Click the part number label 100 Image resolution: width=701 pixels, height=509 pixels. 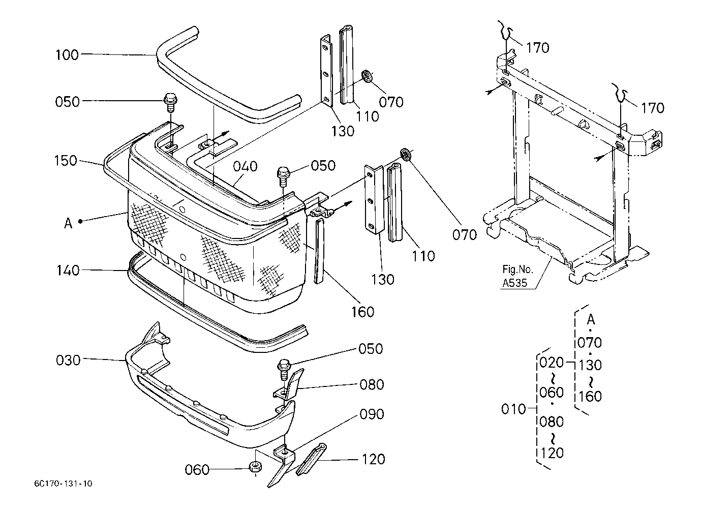[x=67, y=55]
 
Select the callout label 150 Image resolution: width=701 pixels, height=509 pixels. [x=66, y=161]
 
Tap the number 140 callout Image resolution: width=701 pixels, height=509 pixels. [x=68, y=271]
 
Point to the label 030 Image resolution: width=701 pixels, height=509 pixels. [x=68, y=361]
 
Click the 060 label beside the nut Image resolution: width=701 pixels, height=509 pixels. [x=197, y=470]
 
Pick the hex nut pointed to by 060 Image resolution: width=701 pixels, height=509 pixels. [x=255, y=467]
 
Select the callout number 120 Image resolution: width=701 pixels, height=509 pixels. [x=373, y=460]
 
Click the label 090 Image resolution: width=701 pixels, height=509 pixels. [x=372, y=414]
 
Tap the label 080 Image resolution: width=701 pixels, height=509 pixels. [x=372, y=385]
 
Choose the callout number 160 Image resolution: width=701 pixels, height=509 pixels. [x=363, y=312]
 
